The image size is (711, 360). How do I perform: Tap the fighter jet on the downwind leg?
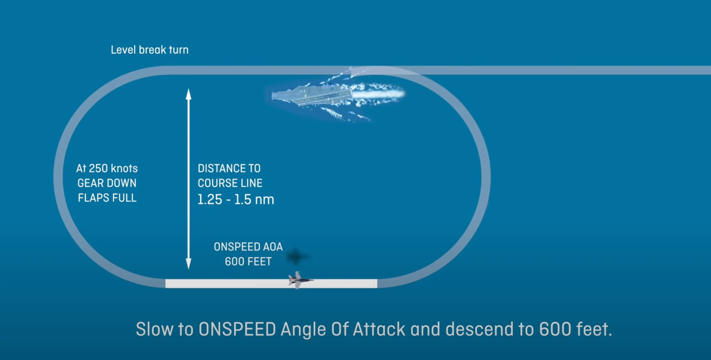[299, 280]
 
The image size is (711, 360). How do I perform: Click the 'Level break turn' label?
[150, 50]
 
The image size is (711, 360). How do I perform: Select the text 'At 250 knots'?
[107, 168]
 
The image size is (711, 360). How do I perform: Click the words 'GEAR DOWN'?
[107, 183]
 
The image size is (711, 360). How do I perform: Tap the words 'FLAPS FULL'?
[107, 198]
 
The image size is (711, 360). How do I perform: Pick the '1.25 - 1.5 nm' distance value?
[235, 199]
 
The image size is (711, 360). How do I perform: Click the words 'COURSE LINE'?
[230, 183]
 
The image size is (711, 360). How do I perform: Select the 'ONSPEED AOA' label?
[248, 247]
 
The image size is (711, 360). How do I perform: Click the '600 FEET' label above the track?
[248, 261]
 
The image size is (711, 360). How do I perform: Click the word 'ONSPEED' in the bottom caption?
[237, 329]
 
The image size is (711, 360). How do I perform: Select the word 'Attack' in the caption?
[379, 329]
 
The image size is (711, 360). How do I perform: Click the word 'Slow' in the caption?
[154, 329]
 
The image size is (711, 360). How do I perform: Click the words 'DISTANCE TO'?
[229, 168]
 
